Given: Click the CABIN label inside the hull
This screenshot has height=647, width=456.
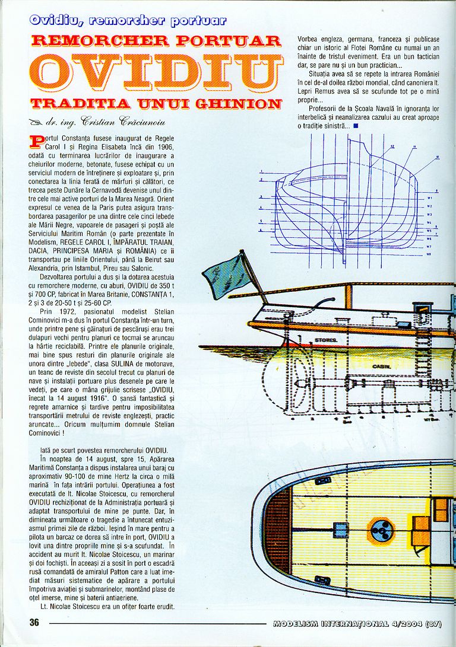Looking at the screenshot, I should click(379, 366).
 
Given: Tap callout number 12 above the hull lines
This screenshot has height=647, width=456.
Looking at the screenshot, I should click(392, 146).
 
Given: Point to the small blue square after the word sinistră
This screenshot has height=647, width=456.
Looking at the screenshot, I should click(355, 126).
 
